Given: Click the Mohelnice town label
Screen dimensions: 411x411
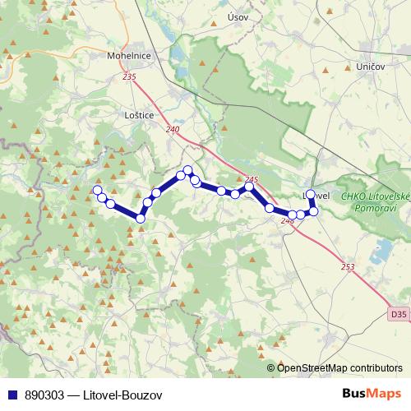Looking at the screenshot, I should [127, 57].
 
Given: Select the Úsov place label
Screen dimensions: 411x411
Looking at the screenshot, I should [237, 17].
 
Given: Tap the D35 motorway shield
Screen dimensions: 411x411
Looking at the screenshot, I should [398, 314].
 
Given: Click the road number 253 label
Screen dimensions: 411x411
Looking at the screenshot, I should [347, 266].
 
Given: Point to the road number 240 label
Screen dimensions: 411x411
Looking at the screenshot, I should [172, 129].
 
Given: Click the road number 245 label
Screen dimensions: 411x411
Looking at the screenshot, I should [252, 180].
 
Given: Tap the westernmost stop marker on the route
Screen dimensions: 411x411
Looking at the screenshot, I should [97, 191].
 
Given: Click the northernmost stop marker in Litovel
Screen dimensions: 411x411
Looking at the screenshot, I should [310, 195].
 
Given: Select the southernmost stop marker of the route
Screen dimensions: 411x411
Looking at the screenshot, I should [141, 218].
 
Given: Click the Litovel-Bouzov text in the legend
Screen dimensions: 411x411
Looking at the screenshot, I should [122, 395].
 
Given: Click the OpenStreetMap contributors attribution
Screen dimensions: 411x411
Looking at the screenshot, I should [339, 368].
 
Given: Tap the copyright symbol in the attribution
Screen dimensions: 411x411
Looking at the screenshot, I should [270, 368].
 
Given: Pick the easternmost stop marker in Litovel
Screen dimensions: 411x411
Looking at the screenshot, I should [313, 211].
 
